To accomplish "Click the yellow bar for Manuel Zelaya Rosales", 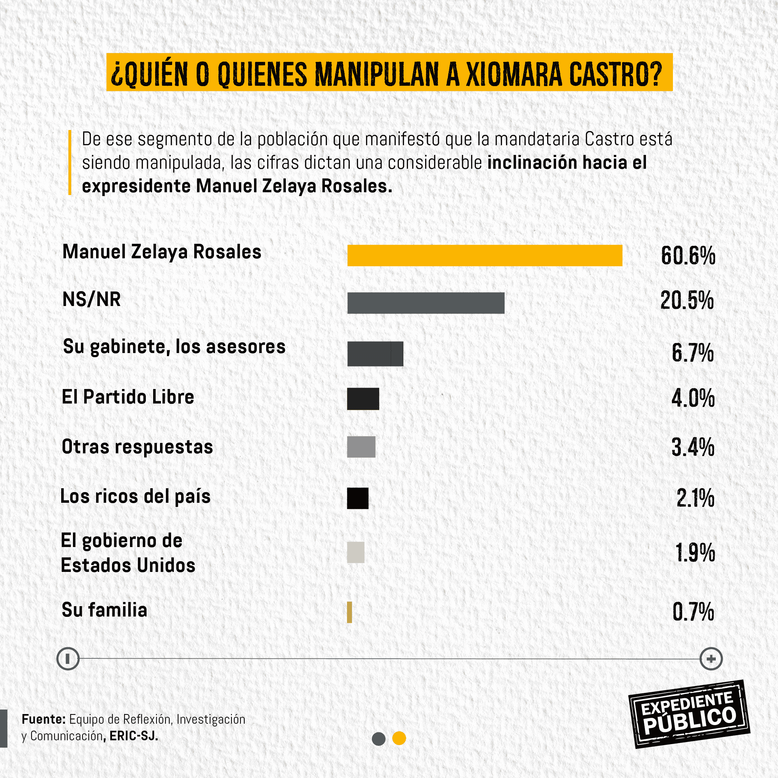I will pyautogui.click(x=485, y=256).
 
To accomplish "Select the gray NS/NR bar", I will pyautogui.click(x=426, y=303).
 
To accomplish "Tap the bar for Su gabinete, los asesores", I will pyautogui.click(x=375, y=354).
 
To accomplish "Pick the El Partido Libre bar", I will pyautogui.click(x=363, y=399).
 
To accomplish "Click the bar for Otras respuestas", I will pyautogui.click(x=361, y=447).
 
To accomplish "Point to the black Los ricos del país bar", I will pyautogui.click(x=358, y=498).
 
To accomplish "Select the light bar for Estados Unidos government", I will pyautogui.click(x=356, y=552).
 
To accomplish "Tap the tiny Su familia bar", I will pyautogui.click(x=349, y=612).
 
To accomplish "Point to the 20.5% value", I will pyautogui.click(x=687, y=300).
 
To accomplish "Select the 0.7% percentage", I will pyautogui.click(x=693, y=612).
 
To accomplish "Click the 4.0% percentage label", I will pyautogui.click(x=693, y=398).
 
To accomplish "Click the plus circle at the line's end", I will pyautogui.click(x=711, y=659).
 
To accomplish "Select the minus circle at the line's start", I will pyautogui.click(x=68, y=659).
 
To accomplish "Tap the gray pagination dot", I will pyautogui.click(x=378, y=739).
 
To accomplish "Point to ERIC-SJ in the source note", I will pyautogui.click(x=133, y=736).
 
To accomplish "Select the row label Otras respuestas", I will pyautogui.click(x=137, y=447).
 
